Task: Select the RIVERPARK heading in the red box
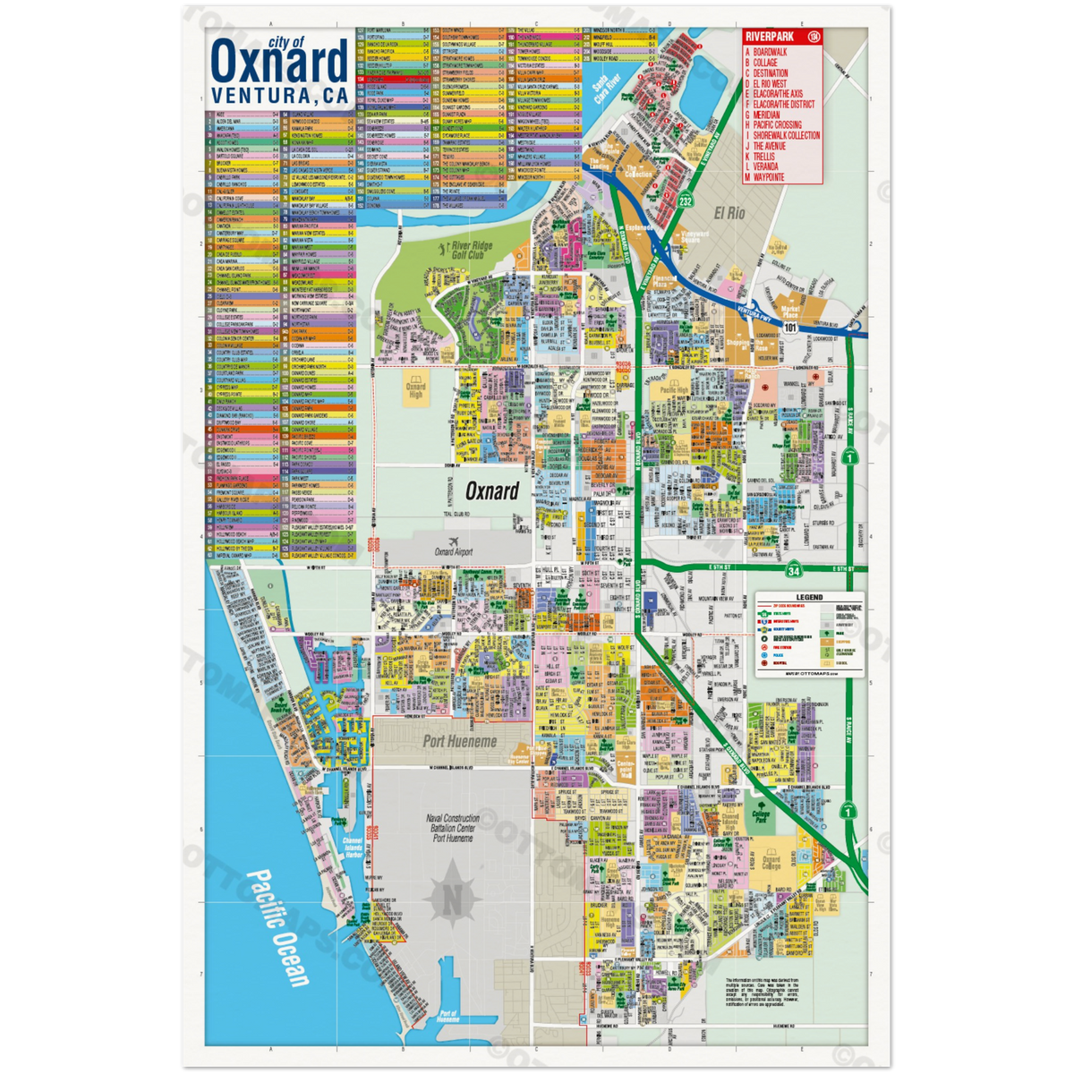[769, 37]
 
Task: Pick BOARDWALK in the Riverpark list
[769, 53]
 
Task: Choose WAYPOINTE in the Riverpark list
[769, 177]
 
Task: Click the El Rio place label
[729, 213]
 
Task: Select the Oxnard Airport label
[453, 552]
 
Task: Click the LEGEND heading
[808, 598]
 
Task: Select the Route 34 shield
[794, 569]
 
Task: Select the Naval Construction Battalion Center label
[453, 828]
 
